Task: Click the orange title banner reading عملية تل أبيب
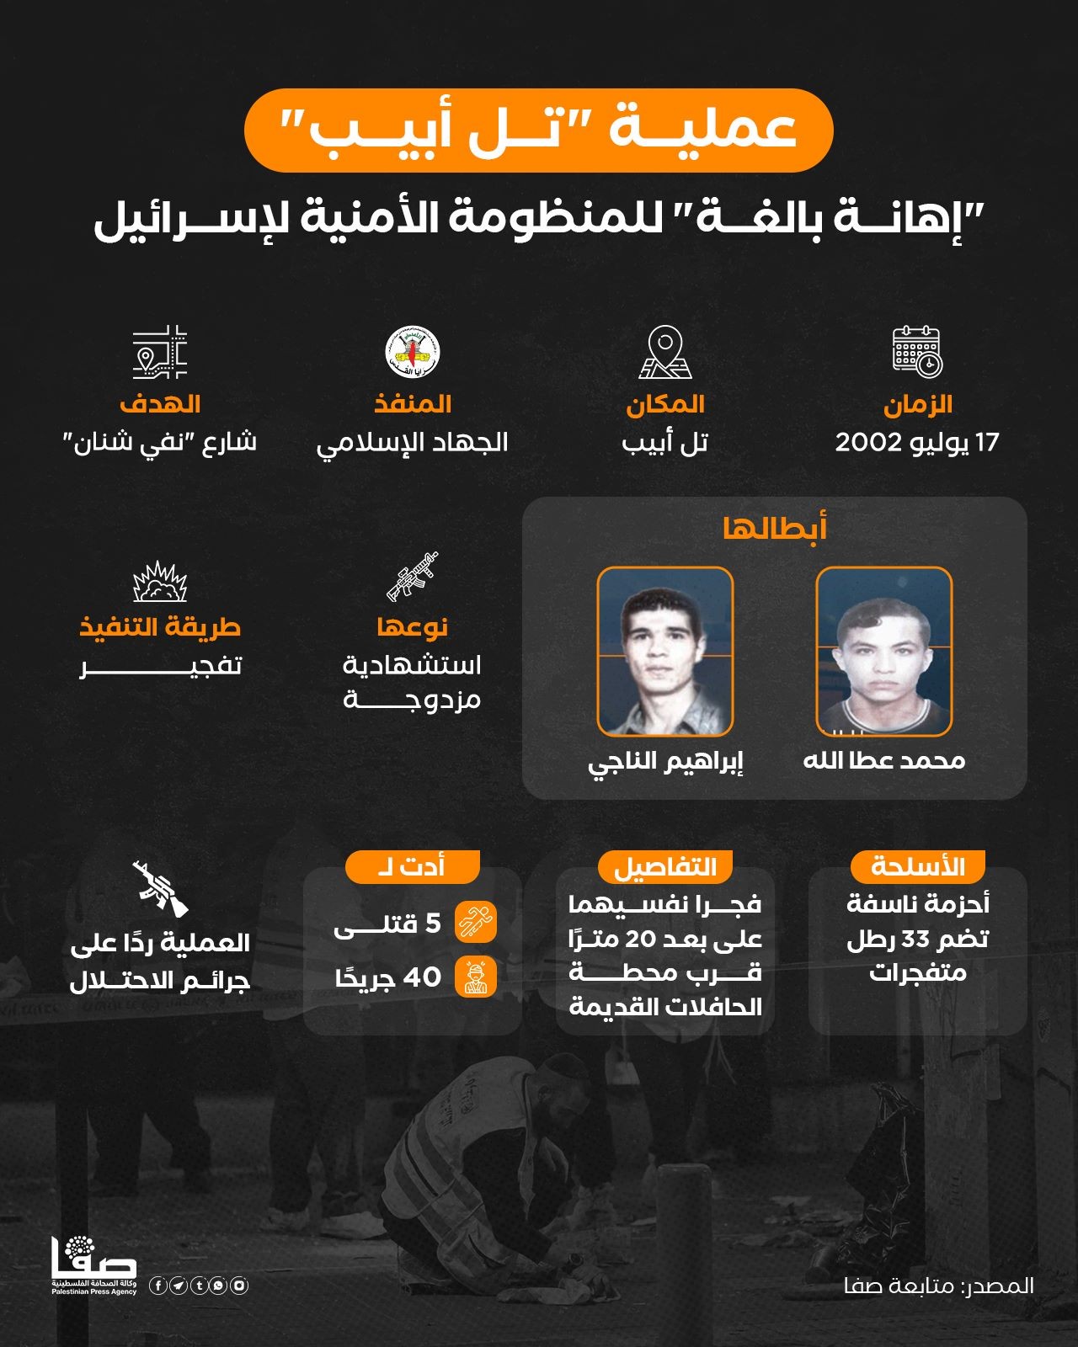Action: point(538,130)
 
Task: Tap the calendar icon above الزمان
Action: point(917,351)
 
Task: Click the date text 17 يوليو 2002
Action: point(917,442)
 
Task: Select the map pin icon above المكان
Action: point(664,352)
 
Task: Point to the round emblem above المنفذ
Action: point(413,351)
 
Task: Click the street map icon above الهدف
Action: point(160,351)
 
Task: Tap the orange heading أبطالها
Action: point(774,528)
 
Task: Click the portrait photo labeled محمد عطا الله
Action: point(884,651)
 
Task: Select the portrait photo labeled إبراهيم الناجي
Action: point(664,651)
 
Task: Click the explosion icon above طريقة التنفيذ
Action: point(160,581)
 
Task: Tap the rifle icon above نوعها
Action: point(413,577)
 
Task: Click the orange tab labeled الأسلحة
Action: point(917,865)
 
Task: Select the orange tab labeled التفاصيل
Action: point(664,865)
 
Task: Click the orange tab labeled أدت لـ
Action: point(413,865)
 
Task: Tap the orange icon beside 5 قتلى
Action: point(476,922)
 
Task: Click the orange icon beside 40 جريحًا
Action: point(476,977)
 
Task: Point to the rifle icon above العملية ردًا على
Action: point(160,888)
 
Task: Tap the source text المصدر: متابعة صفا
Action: point(938,1286)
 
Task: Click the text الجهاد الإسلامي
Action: point(413,442)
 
